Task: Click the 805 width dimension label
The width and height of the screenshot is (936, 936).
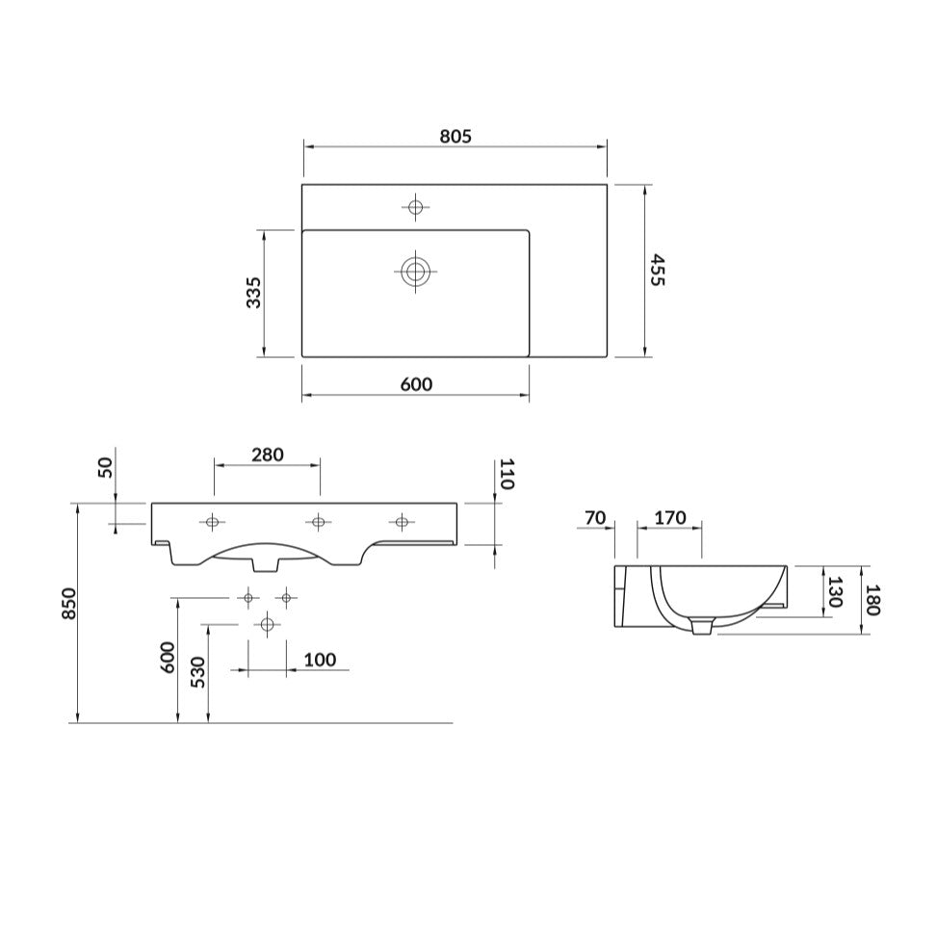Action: (455, 137)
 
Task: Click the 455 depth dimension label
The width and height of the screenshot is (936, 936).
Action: (658, 271)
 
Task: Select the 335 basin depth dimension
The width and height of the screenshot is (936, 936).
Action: (253, 292)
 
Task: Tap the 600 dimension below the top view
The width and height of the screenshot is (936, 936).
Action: (415, 385)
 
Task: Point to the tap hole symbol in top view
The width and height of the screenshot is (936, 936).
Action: (416, 206)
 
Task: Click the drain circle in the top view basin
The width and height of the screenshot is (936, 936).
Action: (416, 272)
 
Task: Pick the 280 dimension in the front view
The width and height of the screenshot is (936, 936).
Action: (267, 455)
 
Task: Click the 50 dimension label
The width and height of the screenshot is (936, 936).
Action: (106, 467)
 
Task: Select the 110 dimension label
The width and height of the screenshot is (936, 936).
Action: (507, 474)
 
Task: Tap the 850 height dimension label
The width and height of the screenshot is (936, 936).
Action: (68, 603)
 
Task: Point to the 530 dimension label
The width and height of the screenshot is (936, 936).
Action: (197, 671)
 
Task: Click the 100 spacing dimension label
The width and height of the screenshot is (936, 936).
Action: (320, 660)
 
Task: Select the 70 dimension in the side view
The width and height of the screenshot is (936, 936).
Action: (595, 518)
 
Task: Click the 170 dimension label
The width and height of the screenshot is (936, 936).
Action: (669, 518)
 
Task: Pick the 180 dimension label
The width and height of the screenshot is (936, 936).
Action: (873, 599)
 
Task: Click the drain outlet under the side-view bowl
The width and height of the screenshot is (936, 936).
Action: (703, 627)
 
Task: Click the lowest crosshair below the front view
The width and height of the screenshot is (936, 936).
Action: (267, 625)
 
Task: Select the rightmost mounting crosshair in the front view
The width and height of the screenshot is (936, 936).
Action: (402, 522)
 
